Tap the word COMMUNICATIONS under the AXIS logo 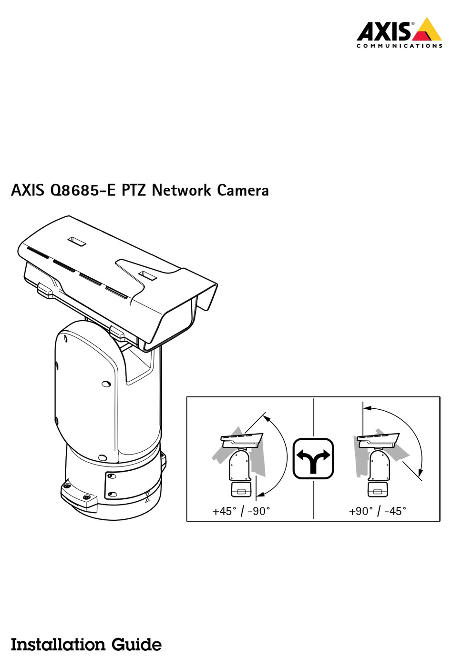click(400, 46)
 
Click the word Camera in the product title click(243, 191)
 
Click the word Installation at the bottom click(58, 645)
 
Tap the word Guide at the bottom click(136, 645)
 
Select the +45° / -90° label click(241, 511)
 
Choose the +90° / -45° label click(378, 511)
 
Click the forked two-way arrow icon click(313, 458)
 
